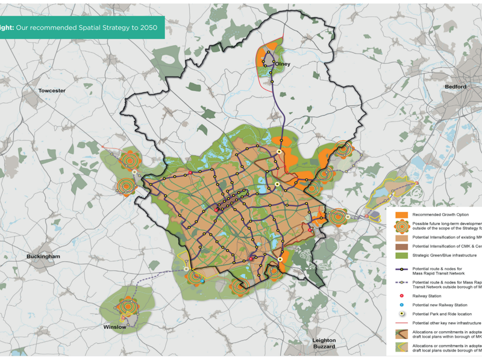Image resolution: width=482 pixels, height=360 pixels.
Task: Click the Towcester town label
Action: pyautogui.click(x=51, y=90)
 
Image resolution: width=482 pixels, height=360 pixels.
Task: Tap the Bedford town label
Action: pyautogui.click(x=455, y=87)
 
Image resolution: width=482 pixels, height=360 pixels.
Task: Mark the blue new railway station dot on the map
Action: pyautogui.click(x=203, y=281)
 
